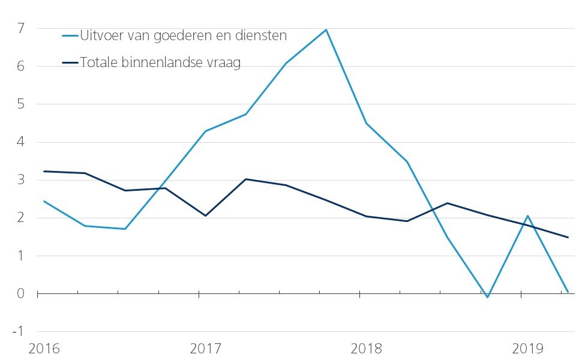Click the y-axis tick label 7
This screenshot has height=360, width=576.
pos(21,28)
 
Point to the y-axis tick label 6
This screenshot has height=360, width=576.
pos(21,66)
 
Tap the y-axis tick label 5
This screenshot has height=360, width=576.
pos(21,104)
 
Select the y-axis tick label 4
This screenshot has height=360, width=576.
pos(21,142)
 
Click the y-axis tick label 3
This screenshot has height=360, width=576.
pos(21,180)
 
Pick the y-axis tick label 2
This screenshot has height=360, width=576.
pos(21,218)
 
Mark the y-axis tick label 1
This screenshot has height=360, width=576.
pos(21,256)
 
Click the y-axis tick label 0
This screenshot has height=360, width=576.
pos(21,293)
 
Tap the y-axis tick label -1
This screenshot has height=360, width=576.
pos(19,331)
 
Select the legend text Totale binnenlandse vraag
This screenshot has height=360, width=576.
pos(160,63)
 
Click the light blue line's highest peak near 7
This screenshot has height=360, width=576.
pos(326,29)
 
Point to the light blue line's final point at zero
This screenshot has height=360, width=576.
pos(568,292)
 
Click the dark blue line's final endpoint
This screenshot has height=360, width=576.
pos(568,237)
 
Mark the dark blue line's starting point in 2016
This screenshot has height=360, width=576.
pos(44,172)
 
